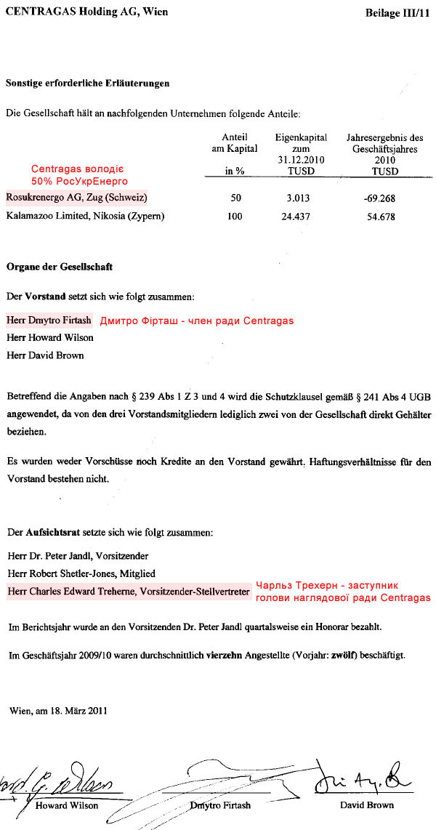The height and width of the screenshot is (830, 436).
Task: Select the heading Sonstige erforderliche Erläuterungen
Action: point(87,84)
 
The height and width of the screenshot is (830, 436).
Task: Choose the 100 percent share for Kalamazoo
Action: point(235,217)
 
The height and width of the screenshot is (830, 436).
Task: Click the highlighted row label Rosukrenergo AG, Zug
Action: point(76,197)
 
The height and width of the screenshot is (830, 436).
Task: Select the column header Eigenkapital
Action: point(301,137)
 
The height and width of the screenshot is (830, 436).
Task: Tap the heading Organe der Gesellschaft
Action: point(60,267)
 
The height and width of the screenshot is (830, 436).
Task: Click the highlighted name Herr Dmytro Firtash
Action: point(49,320)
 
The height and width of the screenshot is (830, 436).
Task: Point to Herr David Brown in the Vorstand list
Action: point(45,355)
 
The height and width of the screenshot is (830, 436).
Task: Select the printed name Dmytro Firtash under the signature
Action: point(220,805)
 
